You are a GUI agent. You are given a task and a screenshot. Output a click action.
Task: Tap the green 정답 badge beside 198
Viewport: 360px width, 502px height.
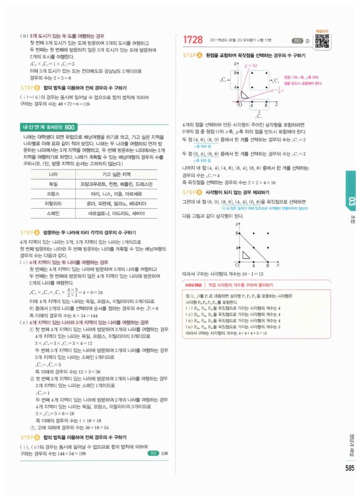153,453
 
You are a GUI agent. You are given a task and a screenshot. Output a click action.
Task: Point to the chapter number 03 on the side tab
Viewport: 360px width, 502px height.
352,201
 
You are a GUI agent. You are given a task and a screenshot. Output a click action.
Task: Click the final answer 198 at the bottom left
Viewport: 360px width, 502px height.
164,453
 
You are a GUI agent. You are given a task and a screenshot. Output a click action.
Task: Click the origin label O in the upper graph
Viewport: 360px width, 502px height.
240,105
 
